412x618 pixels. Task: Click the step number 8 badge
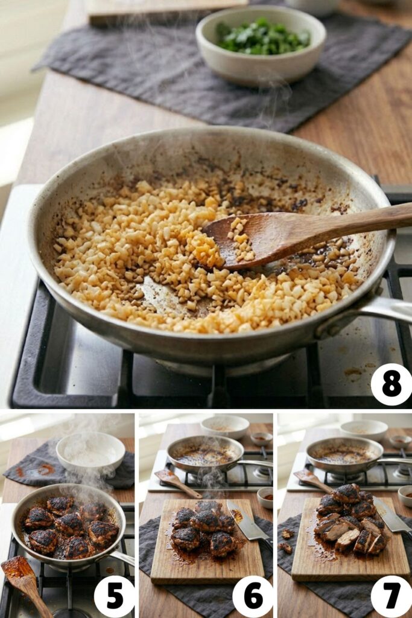[391, 384]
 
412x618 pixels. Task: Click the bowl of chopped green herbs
[261, 45]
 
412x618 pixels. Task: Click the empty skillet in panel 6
[205, 455]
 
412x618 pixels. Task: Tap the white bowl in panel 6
[225, 427]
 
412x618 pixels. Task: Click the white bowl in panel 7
[364, 430]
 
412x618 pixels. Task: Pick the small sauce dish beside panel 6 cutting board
[265, 497]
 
